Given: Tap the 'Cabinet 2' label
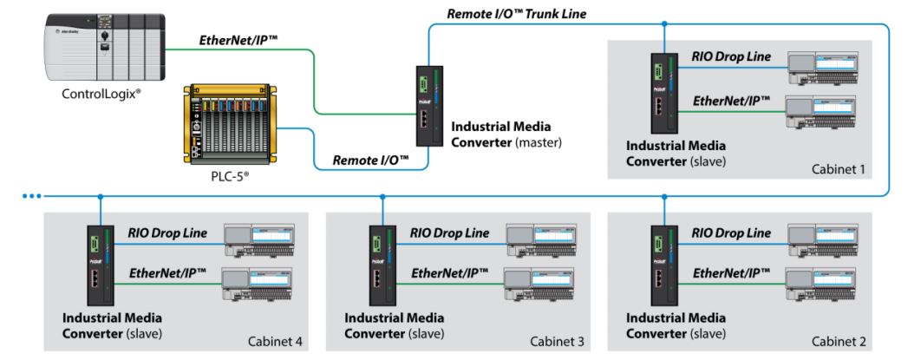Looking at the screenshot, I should click(x=838, y=342).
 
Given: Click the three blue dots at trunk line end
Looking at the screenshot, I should click(x=33, y=197).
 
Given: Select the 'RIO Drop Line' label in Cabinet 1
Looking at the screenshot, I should click(x=730, y=56).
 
